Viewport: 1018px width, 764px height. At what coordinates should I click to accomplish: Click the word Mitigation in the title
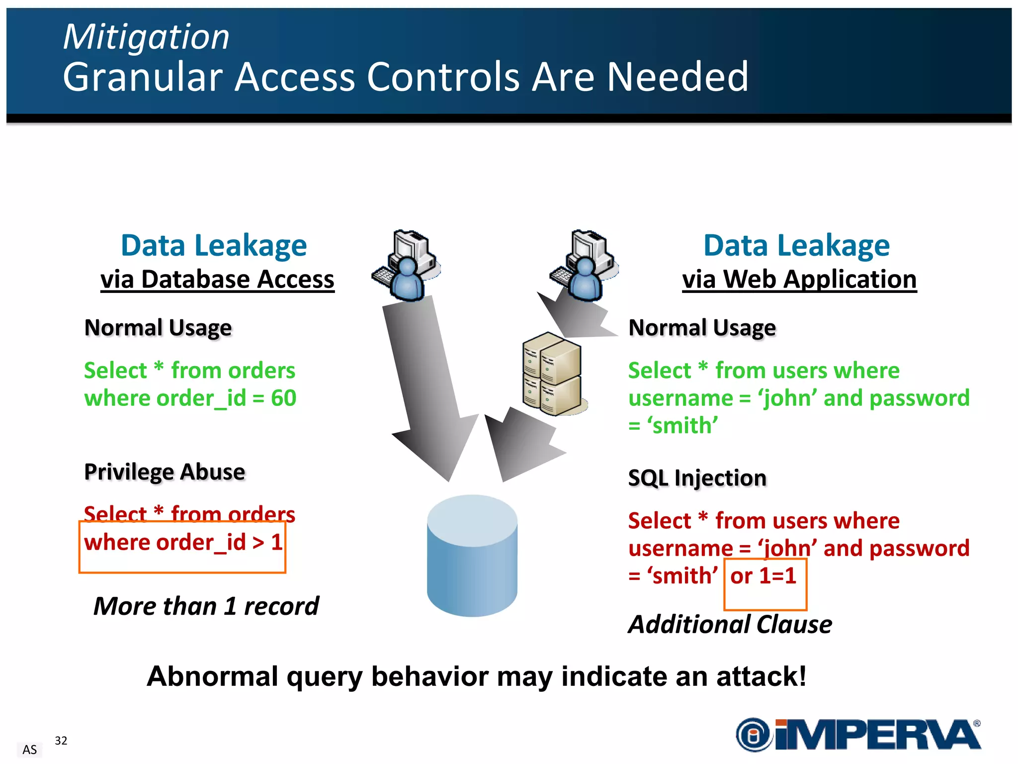pos(146,37)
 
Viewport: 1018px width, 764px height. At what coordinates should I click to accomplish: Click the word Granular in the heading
pos(143,77)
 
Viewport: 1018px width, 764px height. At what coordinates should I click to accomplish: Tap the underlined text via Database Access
pos(217,280)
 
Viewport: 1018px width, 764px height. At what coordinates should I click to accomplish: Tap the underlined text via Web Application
pos(799,280)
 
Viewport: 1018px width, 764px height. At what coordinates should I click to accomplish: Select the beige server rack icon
pos(552,374)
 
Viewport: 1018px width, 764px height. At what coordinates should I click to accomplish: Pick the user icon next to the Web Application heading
pos(585,266)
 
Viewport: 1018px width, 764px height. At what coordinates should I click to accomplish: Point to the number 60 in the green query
pos(283,398)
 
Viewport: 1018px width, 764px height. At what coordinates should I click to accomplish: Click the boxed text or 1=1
pos(763,576)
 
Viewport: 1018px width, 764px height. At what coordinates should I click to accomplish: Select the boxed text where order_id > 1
pos(183,543)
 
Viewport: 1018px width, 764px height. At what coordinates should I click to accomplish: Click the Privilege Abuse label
pos(165,472)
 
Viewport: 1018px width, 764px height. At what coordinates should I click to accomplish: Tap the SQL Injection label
pos(697,478)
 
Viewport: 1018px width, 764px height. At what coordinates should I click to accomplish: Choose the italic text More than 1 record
pos(206,606)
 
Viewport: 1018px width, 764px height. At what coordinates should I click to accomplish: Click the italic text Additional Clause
pos(730,625)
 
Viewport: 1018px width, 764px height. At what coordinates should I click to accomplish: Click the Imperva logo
pos(858,735)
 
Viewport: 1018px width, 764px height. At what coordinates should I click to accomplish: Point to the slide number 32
pos(61,741)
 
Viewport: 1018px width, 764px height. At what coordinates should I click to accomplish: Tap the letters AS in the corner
pos(30,750)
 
